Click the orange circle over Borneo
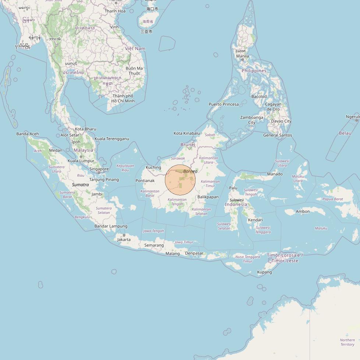[180, 180]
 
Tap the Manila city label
[242, 56]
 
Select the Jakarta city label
[124, 240]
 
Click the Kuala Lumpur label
[81, 161]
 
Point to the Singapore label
[99, 169]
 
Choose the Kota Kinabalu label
[187, 133]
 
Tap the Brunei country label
[188, 145]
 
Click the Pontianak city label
[145, 181]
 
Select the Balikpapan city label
[208, 197]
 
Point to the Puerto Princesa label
[224, 104]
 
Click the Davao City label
[281, 121]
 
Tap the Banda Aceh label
[28, 134]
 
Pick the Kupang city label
[264, 272]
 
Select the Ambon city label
[303, 212]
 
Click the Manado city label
[275, 174]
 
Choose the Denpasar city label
[194, 253]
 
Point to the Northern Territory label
[347, 342]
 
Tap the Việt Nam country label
[135, 49]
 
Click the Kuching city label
[153, 167]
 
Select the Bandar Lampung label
[111, 226]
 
